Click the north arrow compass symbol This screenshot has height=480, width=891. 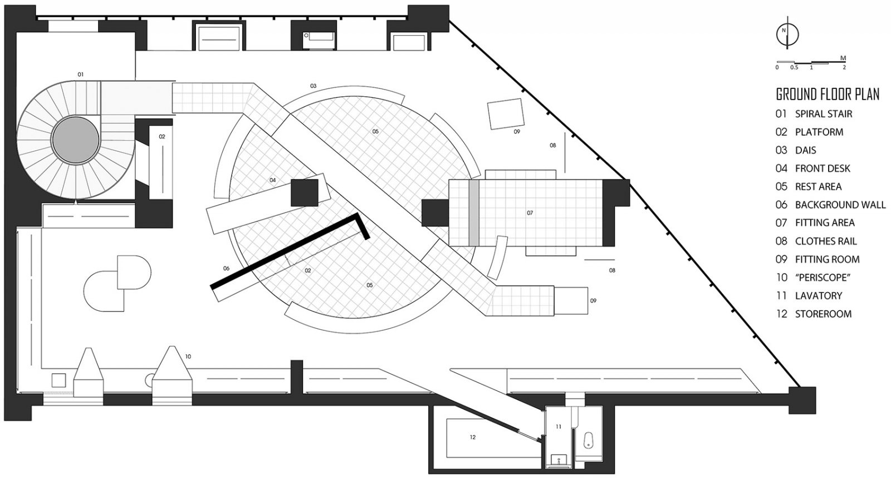787,34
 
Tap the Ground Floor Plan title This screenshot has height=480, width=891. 828,95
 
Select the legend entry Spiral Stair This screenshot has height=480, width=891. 814,114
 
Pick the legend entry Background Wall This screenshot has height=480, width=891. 830,205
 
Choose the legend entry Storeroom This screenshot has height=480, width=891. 814,314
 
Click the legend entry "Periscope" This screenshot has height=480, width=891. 813,278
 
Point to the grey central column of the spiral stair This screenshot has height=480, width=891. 76,140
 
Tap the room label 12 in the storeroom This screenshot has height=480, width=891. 473,437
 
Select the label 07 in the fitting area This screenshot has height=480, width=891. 530,213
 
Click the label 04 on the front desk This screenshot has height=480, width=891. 272,180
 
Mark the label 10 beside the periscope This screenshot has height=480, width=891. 188,357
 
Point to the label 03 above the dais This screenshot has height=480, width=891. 314,86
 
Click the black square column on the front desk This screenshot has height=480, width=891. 304,192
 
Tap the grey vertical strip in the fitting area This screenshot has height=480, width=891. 474,213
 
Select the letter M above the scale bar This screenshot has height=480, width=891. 843,58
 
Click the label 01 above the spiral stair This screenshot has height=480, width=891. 80,75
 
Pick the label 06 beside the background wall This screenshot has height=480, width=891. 226,269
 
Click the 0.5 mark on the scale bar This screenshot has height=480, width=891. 794,67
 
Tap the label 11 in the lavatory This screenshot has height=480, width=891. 559,427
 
